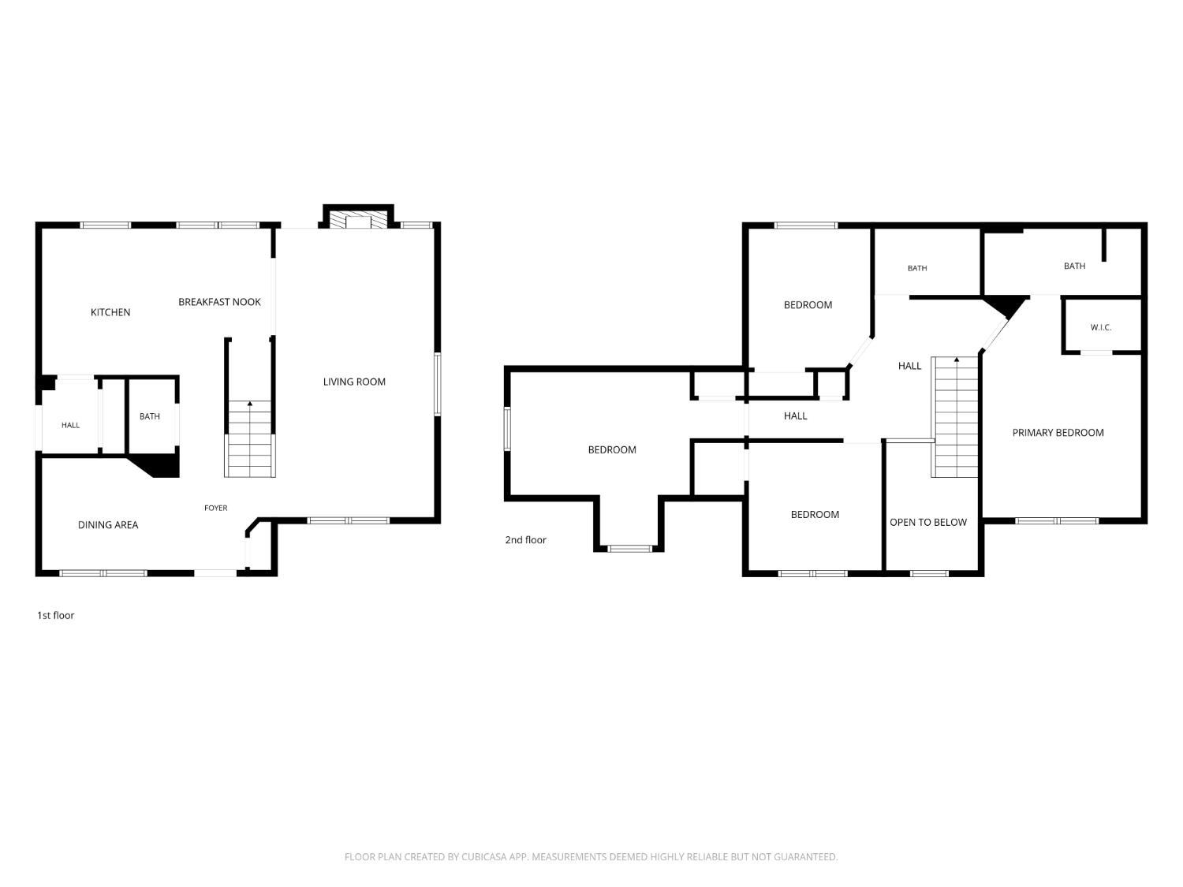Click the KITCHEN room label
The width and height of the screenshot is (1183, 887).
(x=110, y=312)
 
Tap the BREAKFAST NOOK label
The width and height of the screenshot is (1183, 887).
(x=219, y=302)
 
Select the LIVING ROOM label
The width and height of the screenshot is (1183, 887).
(x=354, y=382)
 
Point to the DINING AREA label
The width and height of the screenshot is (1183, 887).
(x=108, y=524)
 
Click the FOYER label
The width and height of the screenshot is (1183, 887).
(x=215, y=508)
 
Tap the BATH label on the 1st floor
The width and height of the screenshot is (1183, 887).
(x=150, y=416)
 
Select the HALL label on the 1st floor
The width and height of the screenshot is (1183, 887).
(x=71, y=426)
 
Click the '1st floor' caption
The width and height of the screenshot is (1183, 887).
(x=55, y=616)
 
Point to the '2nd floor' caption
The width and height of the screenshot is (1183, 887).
(x=525, y=540)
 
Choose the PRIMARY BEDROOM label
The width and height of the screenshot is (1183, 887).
(x=1058, y=433)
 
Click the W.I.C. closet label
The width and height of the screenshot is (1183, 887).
(x=1100, y=327)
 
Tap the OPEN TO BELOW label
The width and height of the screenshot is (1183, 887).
(x=928, y=523)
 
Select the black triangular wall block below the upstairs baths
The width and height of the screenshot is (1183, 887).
(x=1006, y=305)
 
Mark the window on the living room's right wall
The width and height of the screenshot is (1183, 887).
(x=438, y=384)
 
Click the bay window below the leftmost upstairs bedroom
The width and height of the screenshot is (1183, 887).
(x=629, y=549)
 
